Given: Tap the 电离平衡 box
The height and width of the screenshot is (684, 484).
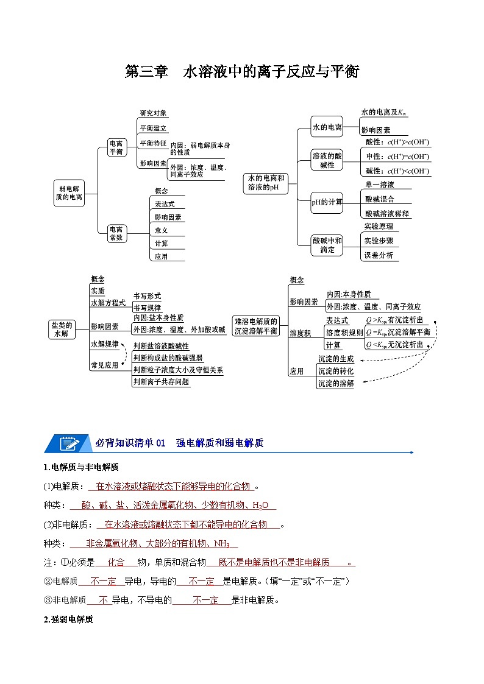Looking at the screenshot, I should click(116, 147).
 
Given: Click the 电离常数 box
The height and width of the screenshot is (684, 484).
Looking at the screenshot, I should click(116, 233).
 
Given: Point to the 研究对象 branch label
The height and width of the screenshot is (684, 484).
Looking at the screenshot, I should click(153, 113).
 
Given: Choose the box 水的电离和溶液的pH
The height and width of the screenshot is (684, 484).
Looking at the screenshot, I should click(266, 183).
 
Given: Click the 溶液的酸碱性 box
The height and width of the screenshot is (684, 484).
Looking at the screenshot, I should click(327, 160).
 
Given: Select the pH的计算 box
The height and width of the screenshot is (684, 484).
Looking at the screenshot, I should click(327, 202).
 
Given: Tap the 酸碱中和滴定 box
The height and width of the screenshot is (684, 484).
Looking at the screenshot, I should click(327, 245).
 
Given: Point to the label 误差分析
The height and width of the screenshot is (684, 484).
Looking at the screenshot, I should click(379, 255).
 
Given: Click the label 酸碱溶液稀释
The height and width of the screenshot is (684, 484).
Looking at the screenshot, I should click(387, 213).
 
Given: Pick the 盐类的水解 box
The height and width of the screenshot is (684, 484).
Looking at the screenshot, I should click(62, 330).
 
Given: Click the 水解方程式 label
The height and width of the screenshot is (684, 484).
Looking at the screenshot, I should click(108, 303).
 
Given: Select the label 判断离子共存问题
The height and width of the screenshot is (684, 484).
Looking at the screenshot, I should click(162, 382).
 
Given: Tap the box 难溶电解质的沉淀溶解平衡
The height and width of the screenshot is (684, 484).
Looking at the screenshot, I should click(256, 326).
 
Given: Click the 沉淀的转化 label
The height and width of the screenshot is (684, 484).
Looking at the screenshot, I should click(335, 371).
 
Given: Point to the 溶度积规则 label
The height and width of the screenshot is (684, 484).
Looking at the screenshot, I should click(344, 333).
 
